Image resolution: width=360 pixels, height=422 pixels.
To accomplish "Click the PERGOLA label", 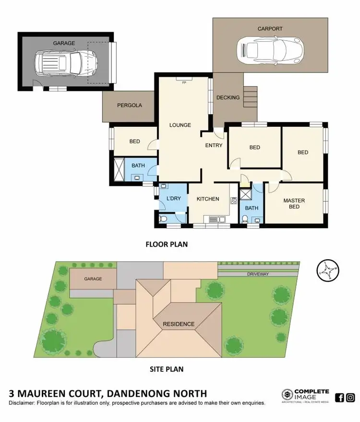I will point(130,105).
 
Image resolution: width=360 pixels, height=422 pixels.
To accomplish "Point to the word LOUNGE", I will point(180,125).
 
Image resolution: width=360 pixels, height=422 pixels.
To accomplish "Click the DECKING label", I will point(228,97).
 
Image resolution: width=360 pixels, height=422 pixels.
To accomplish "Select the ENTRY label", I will point(214,145).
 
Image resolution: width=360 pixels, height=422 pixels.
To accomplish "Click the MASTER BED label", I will point(294,204).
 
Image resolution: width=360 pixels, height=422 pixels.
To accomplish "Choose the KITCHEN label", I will point(208,199).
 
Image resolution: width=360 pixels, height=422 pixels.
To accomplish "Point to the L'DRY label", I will point(173,199).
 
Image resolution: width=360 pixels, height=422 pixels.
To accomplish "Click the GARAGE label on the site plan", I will point(94,278).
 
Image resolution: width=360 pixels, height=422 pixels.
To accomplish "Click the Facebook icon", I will point(339,397).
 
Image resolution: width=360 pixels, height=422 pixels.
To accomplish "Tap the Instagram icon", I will point(351,397).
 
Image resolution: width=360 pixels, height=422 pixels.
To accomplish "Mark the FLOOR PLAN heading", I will point(167,244).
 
